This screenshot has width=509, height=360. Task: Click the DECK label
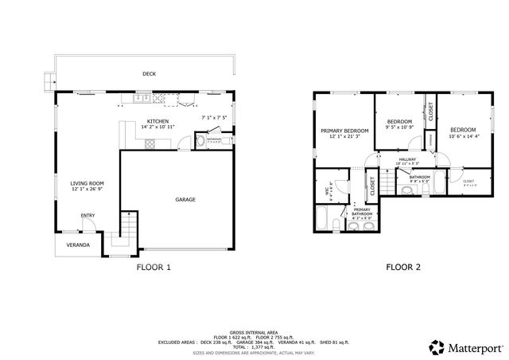coord(149,74)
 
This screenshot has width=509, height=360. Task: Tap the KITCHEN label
coord(157,121)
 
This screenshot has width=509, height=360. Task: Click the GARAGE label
coord(185,199)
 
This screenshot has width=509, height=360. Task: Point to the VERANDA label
coord(77,245)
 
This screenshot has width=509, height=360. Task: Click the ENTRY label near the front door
coord(87,215)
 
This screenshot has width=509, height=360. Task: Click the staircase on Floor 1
coord(126,231)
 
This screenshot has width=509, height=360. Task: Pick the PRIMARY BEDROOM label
coord(344,130)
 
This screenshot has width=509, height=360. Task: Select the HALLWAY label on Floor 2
coord(406,159)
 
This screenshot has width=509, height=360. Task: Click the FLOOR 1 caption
coord(154,268)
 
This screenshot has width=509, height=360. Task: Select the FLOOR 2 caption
coord(402,268)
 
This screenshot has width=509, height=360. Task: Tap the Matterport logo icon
coord(437,346)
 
